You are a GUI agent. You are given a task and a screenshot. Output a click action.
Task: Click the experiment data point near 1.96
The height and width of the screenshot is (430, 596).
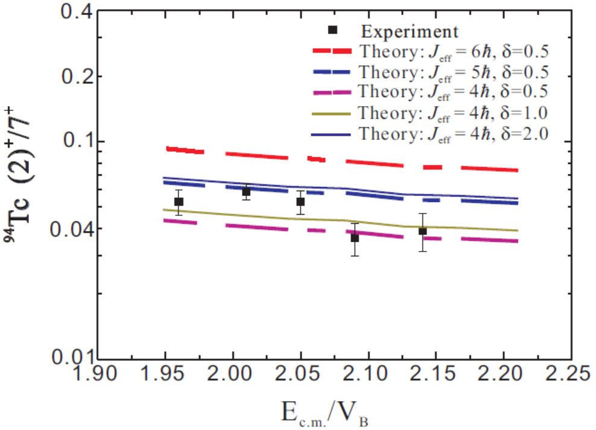[x=179, y=201]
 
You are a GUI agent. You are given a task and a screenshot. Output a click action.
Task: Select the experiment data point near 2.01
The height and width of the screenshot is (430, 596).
[x=246, y=192]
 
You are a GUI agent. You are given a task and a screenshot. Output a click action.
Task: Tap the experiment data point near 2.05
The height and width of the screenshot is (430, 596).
[x=300, y=201]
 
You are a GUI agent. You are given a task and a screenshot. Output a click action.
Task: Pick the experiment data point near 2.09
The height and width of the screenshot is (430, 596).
[x=355, y=238]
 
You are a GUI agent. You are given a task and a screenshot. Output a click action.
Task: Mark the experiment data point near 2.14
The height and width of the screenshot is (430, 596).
[x=423, y=231]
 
